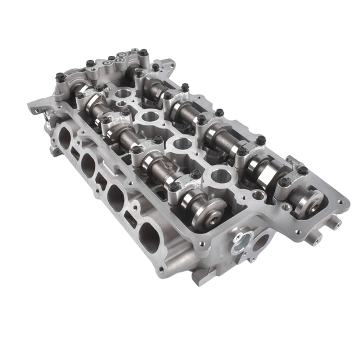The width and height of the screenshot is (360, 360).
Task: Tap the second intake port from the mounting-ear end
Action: (x=88, y=164)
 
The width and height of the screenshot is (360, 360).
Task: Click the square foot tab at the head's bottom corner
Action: (x=200, y=276)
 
